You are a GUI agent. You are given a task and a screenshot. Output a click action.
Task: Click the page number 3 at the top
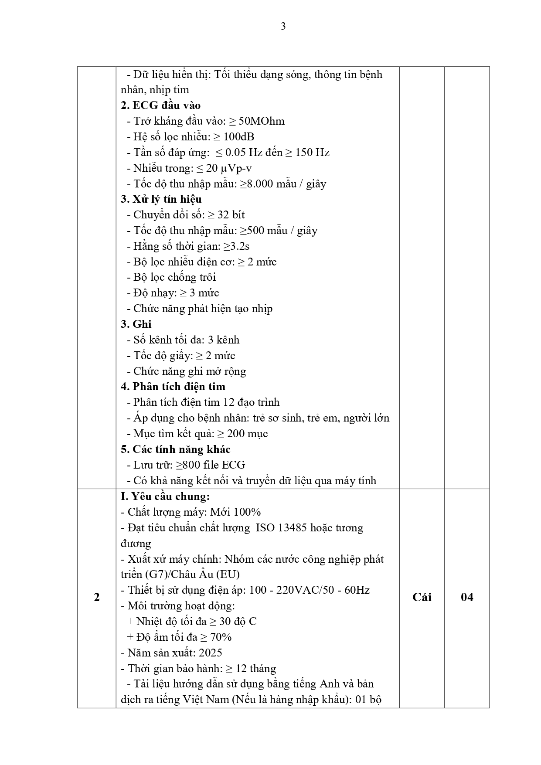[283, 27]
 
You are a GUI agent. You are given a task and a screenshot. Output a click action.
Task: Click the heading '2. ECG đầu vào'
[160, 105]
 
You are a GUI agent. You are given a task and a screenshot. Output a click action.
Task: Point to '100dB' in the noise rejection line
[239, 137]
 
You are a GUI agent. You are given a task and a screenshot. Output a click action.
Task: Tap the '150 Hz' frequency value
[312, 153]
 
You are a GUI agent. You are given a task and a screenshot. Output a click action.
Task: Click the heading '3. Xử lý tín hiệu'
[161, 199]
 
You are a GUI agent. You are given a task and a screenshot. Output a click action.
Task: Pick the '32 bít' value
[231, 215]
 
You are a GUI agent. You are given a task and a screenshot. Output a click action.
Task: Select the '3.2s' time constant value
[240, 246]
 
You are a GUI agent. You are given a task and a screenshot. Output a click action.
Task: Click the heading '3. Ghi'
[136, 324]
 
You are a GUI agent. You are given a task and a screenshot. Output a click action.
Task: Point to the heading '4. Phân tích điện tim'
[173, 387]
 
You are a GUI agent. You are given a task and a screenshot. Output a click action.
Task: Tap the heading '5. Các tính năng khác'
[175, 449]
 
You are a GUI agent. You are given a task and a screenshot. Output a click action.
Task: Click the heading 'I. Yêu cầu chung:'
[165, 496]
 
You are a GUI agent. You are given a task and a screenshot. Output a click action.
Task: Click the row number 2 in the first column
[97, 597]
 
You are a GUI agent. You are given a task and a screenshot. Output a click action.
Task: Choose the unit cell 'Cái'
[422, 597]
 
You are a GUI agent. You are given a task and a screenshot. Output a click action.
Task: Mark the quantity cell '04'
[467, 597]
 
